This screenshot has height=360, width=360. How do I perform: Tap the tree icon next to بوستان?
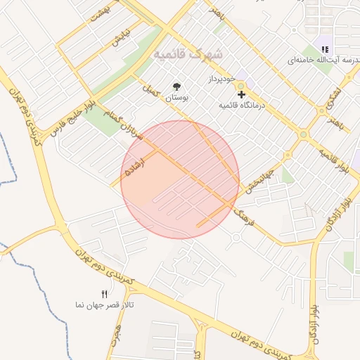[x=176, y=87]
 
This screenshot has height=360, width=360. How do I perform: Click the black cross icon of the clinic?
[x=241, y=94]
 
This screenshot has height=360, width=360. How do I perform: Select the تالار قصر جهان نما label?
[x=105, y=305]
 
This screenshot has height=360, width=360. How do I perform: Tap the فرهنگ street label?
[x=243, y=215]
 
